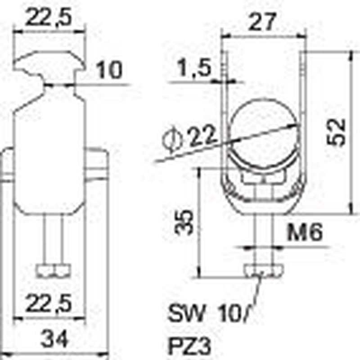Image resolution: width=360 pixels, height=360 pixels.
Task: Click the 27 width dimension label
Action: [262, 22]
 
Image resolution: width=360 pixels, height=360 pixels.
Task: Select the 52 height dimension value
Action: [336, 132]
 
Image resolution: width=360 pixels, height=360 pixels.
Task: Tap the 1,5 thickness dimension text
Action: [194, 68]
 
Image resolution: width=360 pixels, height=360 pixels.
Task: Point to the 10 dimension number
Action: [109, 70]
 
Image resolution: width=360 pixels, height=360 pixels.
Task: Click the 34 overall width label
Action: [54, 339]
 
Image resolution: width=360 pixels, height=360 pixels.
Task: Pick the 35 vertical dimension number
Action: [184, 222]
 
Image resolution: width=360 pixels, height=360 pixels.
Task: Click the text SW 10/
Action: [208, 313]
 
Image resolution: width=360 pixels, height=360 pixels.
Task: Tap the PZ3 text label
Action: [189, 346]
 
